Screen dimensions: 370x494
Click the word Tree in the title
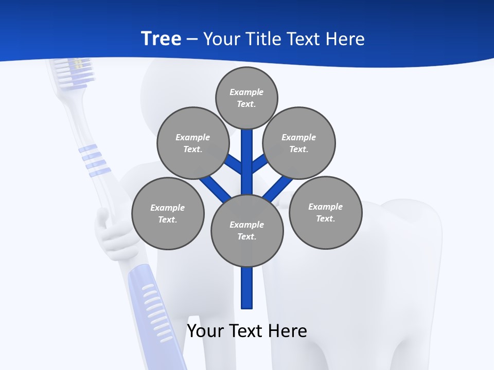[x=161, y=39]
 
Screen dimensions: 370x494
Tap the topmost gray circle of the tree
[x=246, y=98]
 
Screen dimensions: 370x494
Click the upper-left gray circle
[x=193, y=143]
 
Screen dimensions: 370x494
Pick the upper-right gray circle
[x=299, y=143]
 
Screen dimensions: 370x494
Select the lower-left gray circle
[x=168, y=213]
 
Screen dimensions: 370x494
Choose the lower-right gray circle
[x=325, y=212]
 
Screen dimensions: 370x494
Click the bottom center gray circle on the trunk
[x=247, y=231]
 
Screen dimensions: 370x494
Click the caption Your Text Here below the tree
[x=247, y=330]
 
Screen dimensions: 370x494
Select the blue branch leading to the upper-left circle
[x=234, y=163]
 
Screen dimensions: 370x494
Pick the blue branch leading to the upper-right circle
[x=259, y=163]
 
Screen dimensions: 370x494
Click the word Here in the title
[x=345, y=39]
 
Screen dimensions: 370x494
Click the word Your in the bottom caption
[x=205, y=330]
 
